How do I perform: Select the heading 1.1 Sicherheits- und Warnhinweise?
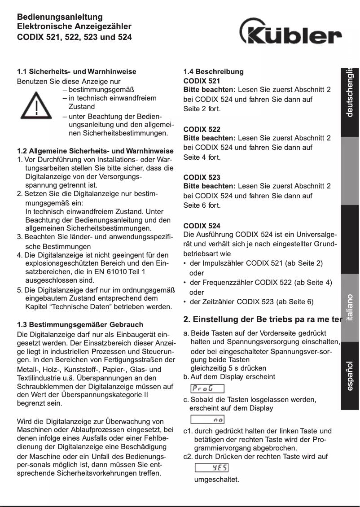[x=76, y=71]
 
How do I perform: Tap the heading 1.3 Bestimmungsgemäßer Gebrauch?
[x=80, y=324]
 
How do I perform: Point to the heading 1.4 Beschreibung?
[x=214, y=71]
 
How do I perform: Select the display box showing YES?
[x=211, y=468]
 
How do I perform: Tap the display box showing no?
[x=207, y=419]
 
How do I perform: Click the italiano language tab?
[x=350, y=307]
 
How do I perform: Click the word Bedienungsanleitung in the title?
[x=60, y=17]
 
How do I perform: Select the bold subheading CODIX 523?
[x=202, y=177]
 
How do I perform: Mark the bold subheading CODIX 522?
[x=202, y=129]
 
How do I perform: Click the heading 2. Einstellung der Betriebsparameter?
[x=263, y=319]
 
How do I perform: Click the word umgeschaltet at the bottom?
[x=216, y=480]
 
